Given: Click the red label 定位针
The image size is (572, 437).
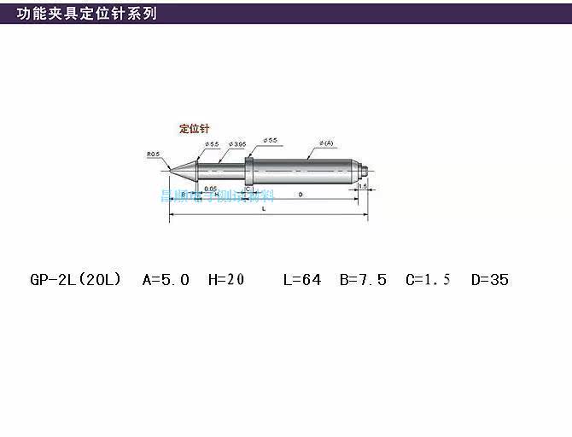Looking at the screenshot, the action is point(196,129).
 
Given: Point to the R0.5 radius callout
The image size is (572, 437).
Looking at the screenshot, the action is point(154,154).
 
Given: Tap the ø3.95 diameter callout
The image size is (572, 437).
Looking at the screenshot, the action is point(236,145).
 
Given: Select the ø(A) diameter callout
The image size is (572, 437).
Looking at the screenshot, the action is point(325,142).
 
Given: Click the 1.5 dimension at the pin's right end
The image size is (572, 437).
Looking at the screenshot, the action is point(363,185).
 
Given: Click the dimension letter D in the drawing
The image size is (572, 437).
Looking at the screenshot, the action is point(300,195).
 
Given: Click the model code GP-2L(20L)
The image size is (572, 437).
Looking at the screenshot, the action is point(75,279).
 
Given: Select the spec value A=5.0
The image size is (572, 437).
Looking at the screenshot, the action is point(166,279).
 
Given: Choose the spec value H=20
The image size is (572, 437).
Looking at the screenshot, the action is point(226,279).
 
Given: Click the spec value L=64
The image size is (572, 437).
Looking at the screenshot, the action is point(302,279).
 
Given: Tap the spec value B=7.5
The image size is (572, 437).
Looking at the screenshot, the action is point(363,279).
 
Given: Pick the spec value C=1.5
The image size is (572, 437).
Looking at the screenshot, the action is point(428,279).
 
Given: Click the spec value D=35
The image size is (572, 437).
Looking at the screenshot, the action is point(490,279).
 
